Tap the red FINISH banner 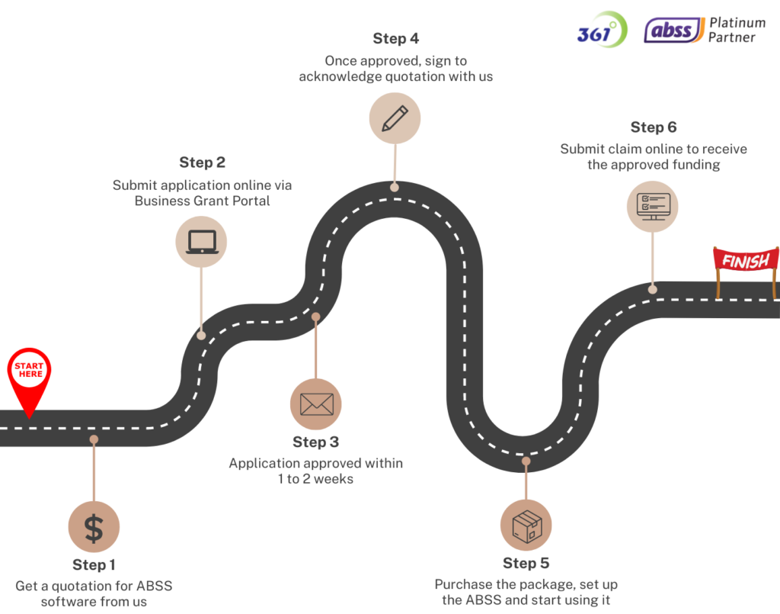click(746, 261)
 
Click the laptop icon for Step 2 click(202, 241)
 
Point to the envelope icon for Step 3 click(315, 404)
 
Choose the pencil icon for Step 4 click(395, 117)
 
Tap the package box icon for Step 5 click(526, 526)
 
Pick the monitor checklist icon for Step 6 click(653, 205)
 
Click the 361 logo click(602, 31)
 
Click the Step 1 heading click(94, 565)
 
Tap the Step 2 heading click(203, 162)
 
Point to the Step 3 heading click(315, 442)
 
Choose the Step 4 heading click(395, 38)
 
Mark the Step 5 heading click(526, 564)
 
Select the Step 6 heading click(654, 127)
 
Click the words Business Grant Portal click(202, 201)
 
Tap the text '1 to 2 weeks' click(315, 479)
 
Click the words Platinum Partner click(737, 31)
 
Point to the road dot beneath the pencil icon click(395, 186)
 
